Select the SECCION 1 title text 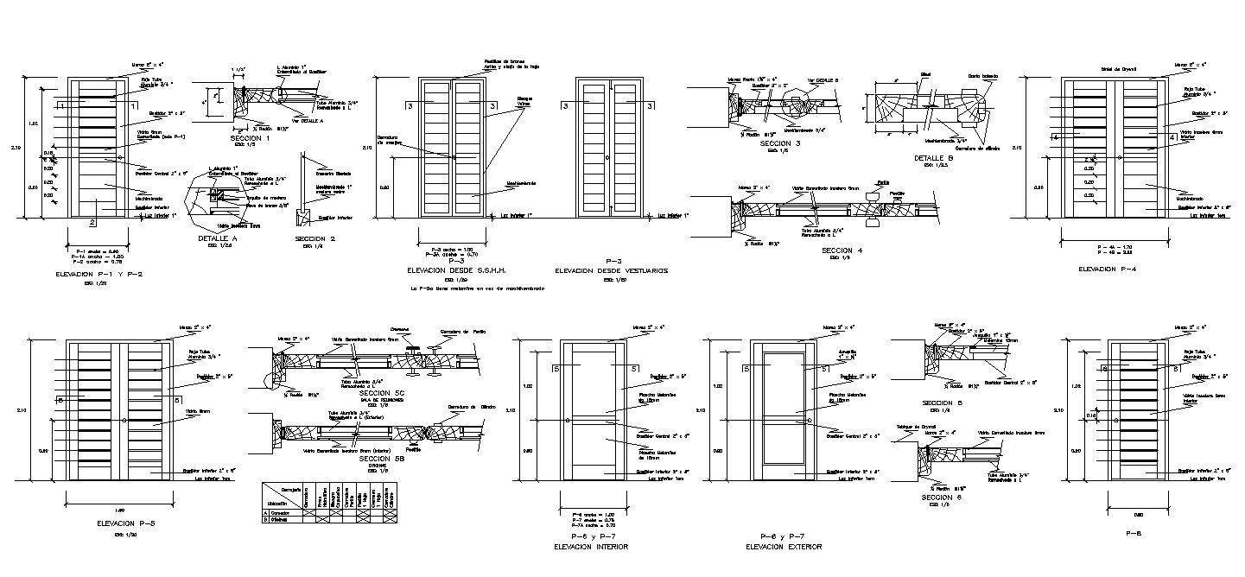(x=251, y=138)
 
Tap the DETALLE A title (x=216, y=238)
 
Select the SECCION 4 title (x=842, y=250)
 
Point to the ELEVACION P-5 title (x=118, y=523)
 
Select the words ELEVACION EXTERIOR (x=786, y=547)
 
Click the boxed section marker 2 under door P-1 (x=92, y=223)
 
